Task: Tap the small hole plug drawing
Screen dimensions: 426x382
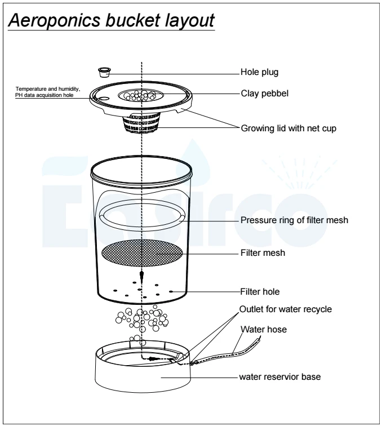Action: [104, 71]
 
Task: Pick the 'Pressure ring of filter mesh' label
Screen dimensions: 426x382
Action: [294, 220]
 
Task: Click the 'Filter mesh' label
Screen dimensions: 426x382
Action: [261, 253]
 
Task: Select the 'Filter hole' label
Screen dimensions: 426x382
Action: [260, 292]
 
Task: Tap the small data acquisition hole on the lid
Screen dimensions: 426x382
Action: [103, 98]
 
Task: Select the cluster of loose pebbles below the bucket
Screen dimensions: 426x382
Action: [141, 321]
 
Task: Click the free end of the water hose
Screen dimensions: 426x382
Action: [260, 339]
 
